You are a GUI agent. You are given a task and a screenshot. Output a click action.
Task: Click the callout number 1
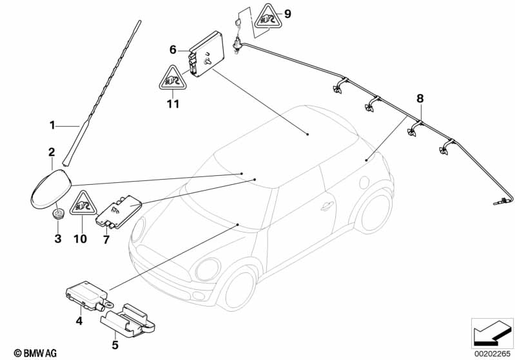52,126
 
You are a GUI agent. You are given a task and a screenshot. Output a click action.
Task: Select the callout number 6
173,50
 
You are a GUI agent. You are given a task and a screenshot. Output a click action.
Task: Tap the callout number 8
420,98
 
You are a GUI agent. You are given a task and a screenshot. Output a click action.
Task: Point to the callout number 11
173,104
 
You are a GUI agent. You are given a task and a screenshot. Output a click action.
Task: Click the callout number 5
115,345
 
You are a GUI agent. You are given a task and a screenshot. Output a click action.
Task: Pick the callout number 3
58,238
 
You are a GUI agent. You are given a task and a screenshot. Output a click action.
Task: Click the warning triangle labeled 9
268,17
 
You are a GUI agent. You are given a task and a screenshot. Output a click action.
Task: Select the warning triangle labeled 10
83,204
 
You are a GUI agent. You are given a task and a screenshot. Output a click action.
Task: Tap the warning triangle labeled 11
173,78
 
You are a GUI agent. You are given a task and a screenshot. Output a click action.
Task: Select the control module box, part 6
207,54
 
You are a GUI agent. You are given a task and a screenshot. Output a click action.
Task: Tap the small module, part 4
87,295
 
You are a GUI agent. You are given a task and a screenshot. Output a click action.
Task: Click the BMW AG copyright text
35,353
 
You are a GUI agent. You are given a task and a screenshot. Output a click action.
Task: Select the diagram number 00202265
492,354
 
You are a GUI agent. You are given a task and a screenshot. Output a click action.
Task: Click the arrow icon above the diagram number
492,333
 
